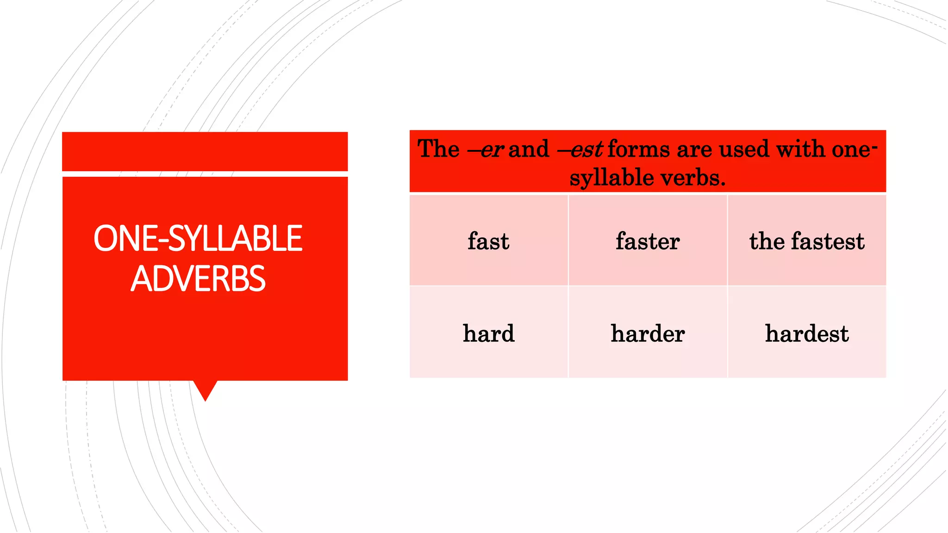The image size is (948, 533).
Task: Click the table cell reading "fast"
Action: [x=488, y=241]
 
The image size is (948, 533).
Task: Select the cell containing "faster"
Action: [x=648, y=241]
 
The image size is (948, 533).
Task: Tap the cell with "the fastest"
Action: [x=807, y=241]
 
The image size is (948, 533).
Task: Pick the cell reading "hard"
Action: [x=488, y=333]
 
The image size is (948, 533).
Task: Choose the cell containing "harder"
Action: [x=648, y=333]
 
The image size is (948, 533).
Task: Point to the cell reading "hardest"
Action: [x=807, y=333]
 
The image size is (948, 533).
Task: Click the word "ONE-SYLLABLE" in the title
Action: [x=198, y=239]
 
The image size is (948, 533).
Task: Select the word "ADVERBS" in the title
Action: [x=198, y=279]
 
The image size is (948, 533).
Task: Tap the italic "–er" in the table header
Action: [x=485, y=149]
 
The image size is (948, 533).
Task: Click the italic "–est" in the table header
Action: [x=580, y=149]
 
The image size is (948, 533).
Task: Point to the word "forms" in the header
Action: [x=639, y=149]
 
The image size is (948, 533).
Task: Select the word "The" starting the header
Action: [x=438, y=149]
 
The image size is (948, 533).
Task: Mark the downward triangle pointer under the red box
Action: [x=205, y=390]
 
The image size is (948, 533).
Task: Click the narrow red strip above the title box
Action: [x=205, y=151]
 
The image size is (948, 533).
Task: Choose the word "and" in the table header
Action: [x=529, y=149]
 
